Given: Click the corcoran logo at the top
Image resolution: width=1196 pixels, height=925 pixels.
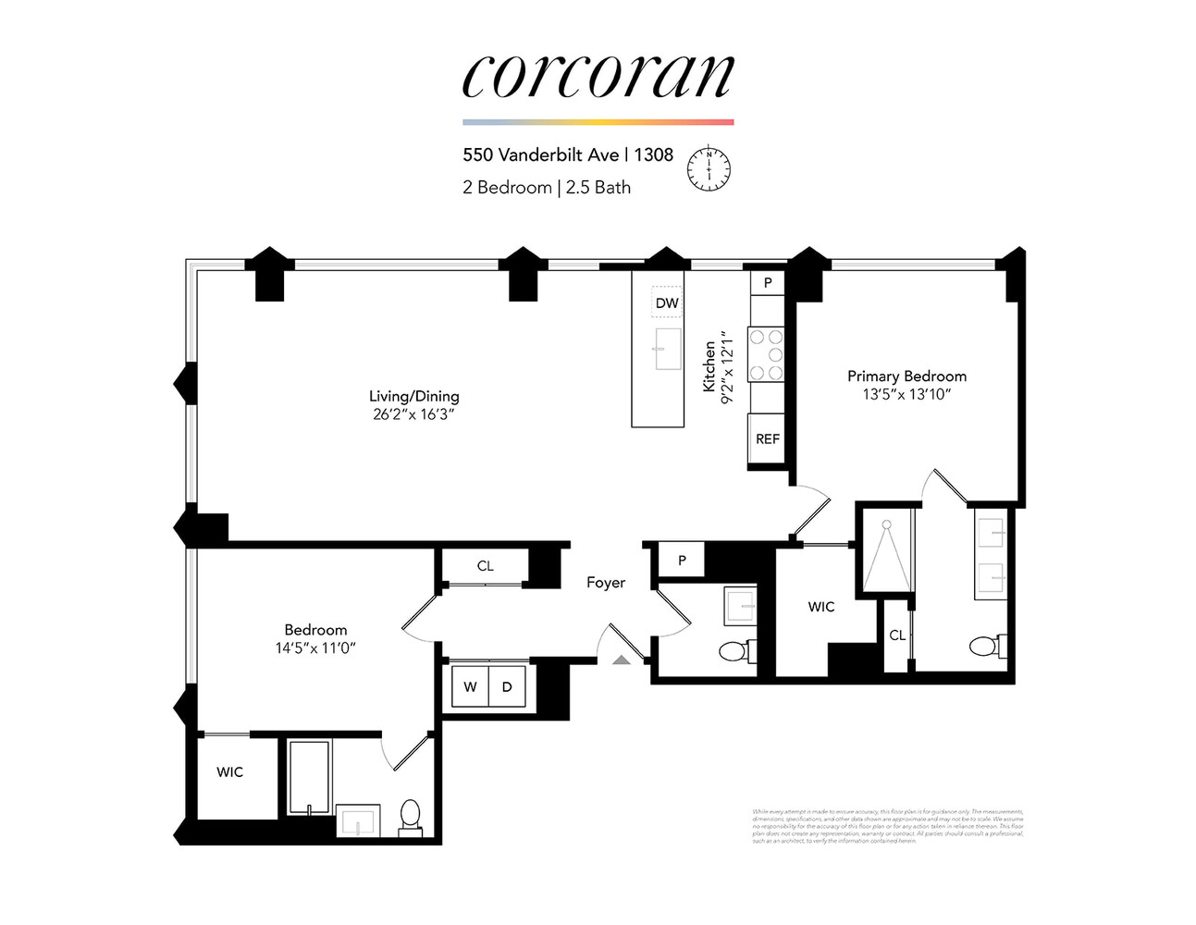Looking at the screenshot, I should [598, 76].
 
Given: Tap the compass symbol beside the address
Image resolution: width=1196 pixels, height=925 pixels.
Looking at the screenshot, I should [709, 169].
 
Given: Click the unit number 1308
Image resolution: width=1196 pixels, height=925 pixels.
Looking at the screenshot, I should [653, 154].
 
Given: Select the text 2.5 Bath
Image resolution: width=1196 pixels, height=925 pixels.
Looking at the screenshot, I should [598, 187].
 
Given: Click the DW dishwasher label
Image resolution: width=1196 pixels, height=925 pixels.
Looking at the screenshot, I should [666, 302].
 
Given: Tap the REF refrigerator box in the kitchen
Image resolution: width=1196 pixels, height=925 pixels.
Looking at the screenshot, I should [767, 439].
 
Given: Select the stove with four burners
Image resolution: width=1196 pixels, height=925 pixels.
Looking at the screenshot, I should [766, 354].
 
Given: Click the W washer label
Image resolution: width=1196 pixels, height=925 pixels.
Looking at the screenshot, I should [470, 687].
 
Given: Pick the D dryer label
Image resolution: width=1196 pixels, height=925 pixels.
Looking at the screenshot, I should [507, 687].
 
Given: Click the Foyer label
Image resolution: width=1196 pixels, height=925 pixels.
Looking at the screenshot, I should [606, 583].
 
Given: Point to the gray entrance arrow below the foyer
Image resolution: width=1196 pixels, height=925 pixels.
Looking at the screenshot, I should [622, 660].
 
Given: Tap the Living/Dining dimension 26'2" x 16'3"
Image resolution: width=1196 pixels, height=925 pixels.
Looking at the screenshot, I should [413, 414].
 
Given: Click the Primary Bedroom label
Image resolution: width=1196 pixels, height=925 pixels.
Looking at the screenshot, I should [906, 376].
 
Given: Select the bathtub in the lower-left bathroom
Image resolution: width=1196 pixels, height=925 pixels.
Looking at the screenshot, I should [309, 777].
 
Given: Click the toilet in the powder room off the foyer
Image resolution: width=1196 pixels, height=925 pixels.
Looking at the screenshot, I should [734, 651].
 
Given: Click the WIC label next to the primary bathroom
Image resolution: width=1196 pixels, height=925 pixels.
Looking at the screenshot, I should [820, 607].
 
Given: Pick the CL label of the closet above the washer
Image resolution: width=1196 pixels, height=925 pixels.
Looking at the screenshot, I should [485, 566].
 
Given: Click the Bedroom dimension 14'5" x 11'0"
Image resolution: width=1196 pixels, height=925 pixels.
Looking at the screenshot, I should [315, 648].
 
